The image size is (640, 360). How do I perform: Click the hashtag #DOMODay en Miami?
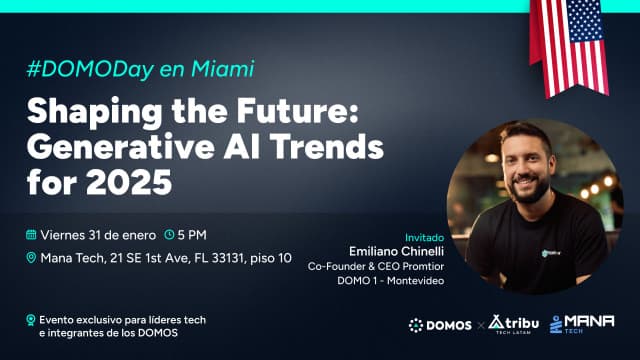pos(140,70)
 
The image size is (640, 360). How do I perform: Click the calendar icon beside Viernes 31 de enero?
pos(32,235)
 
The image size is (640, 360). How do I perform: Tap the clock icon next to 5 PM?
pos(169,235)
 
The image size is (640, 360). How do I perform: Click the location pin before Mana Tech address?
pos(32,258)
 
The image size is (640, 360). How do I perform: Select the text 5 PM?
pos(192,235)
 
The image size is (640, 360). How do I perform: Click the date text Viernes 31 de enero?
pos(98,235)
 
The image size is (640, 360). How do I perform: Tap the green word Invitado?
pos(422,224)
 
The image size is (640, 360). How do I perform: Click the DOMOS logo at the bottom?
pos(440,324)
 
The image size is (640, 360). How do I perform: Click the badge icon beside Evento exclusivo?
pos(31,320)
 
